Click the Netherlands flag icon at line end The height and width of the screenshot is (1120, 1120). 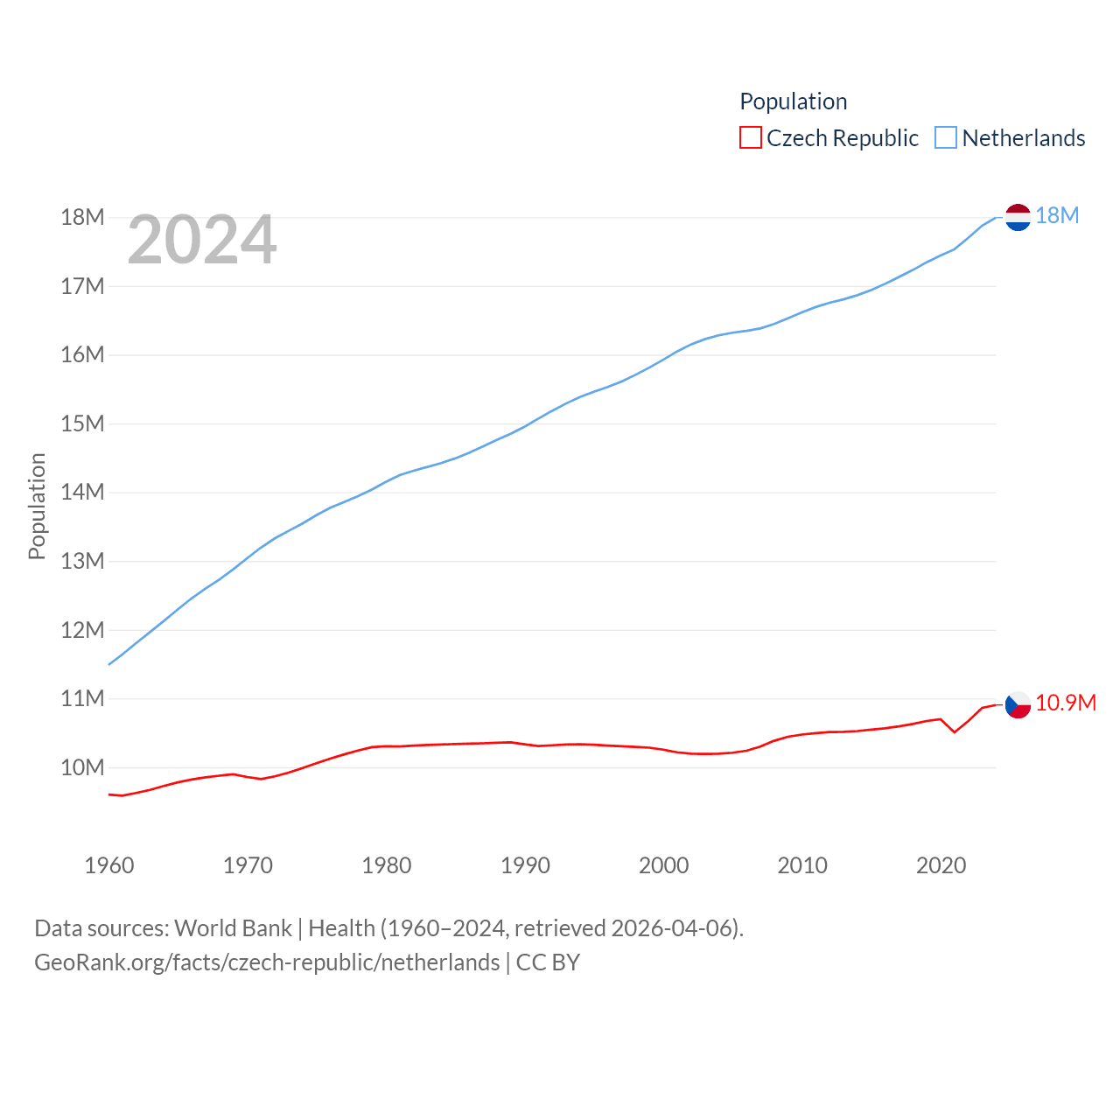pos(1018,216)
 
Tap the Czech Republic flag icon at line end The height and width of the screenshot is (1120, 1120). pos(1018,704)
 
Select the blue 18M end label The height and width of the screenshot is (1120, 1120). pos(1057,216)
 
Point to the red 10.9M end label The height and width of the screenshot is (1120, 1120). pos(1066,703)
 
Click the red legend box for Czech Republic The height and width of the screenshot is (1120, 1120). pos(751,138)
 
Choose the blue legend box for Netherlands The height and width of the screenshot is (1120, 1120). pos(946,138)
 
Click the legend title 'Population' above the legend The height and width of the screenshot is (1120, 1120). pos(794,101)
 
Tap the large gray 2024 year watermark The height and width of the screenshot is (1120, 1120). pos(202,240)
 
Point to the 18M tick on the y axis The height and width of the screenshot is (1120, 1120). pos(82,218)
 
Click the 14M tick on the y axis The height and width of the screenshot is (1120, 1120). pos(82,493)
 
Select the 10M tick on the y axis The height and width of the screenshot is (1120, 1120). pos(82,768)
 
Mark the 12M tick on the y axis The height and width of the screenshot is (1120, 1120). pos(82,630)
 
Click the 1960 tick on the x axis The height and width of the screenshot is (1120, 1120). pos(109,866)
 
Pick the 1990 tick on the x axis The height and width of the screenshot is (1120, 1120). pos(525,866)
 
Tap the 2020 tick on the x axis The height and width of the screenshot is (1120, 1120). pos(941,866)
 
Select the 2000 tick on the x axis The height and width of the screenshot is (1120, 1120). pos(664,866)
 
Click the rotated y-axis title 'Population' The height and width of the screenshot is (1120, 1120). pos(37,506)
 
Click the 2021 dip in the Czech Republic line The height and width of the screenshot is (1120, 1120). pos(955,731)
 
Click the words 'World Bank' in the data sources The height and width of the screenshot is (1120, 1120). pos(233,928)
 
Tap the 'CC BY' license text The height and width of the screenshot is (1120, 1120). pos(548,962)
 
